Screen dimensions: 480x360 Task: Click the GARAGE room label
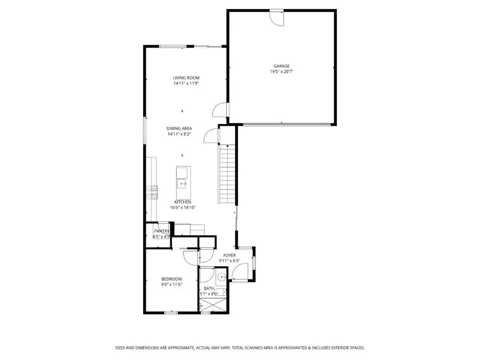pos(281,66)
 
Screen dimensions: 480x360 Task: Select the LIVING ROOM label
pos(186,78)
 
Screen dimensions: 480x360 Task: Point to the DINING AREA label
pos(179,128)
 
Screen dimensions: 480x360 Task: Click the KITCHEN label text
pos(183,202)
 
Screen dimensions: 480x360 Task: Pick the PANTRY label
pos(162,231)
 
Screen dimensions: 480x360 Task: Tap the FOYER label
pos(230,255)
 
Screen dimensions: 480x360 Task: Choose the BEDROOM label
pos(172,279)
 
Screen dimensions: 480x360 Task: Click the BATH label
pos(209,288)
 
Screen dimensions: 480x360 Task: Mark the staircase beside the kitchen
pos(227,174)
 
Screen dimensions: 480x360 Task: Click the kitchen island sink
pos(183,184)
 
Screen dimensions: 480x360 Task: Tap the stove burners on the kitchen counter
pos(152,192)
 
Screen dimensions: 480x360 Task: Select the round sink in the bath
pos(221,277)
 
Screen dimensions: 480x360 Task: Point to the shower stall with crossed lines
pos(214,305)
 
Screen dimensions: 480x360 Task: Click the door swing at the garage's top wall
pos(277,18)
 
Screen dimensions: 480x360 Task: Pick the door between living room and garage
pos(220,110)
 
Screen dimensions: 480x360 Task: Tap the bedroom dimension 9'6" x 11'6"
pos(172,285)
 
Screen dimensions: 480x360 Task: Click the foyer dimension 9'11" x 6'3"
pos(229,261)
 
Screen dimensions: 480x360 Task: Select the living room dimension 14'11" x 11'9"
pos(186,83)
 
